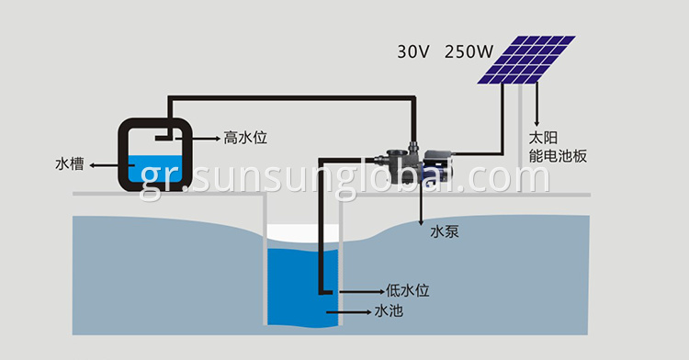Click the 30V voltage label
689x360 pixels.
tap(412, 51)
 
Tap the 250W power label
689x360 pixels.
tap(468, 51)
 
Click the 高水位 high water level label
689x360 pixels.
tap(244, 138)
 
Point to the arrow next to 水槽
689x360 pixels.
tap(108, 166)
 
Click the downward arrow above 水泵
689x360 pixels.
tap(422, 208)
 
